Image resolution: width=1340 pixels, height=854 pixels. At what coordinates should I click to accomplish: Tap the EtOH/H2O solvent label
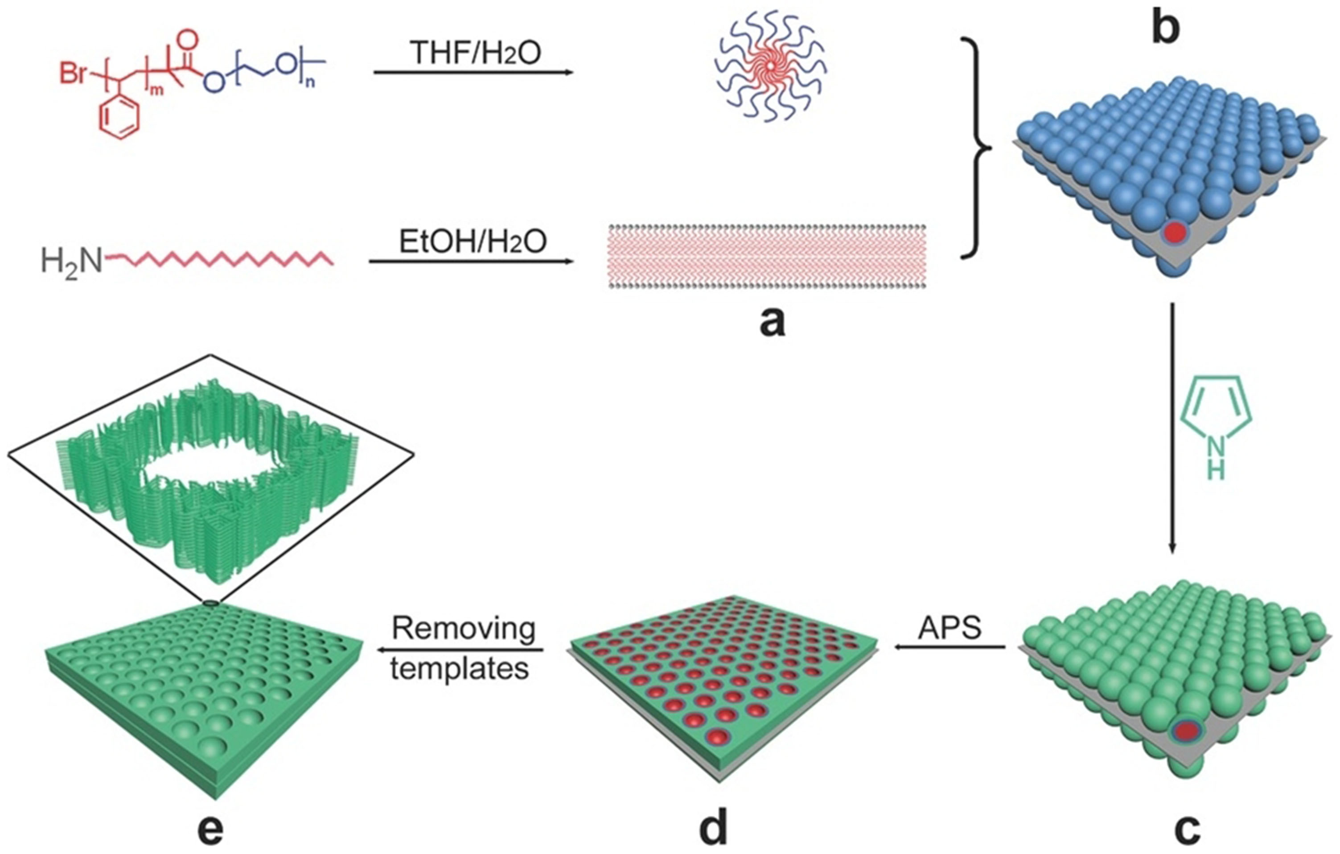[x=473, y=242]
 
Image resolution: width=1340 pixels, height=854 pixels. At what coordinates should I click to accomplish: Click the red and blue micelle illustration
[x=770, y=67]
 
